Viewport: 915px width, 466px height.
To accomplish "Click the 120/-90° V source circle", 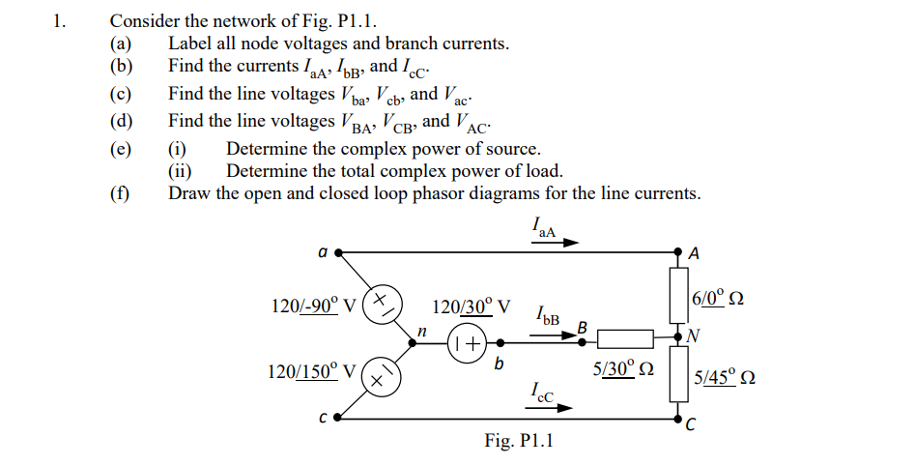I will point(382,303).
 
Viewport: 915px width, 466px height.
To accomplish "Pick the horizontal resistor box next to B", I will point(628,338).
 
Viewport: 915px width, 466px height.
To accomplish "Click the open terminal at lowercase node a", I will point(338,252).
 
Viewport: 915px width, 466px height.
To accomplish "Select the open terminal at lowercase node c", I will point(338,420).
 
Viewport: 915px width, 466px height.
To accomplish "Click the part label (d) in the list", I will point(121,121).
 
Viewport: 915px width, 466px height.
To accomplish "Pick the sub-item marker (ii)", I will point(180,171).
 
